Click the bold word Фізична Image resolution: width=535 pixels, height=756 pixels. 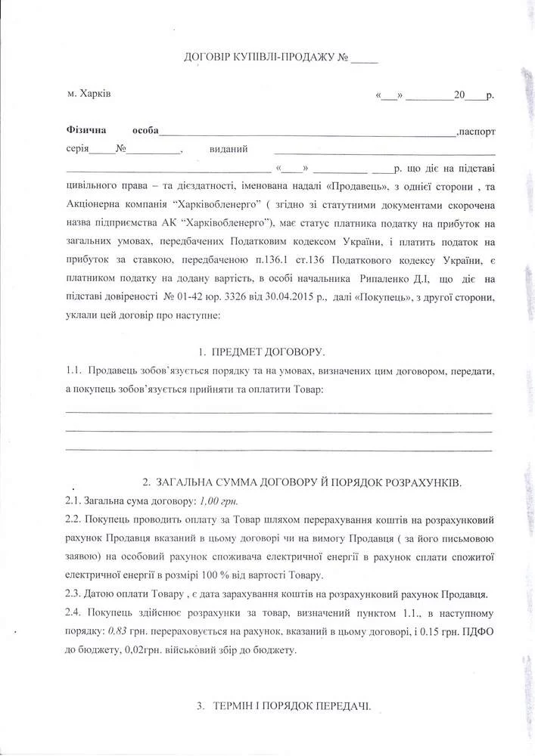pos(87,131)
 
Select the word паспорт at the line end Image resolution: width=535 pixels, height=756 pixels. pos(477,132)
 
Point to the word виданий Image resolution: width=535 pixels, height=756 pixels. pos(229,149)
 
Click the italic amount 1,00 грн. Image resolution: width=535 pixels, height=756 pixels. pos(217,501)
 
